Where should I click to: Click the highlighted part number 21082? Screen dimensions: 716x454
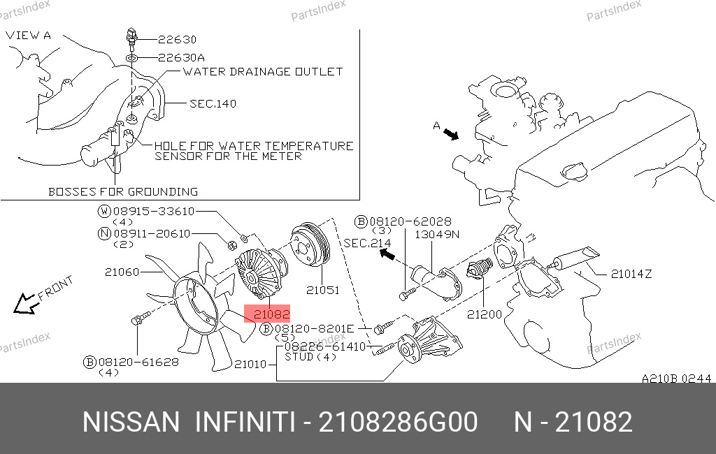tap(271, 314)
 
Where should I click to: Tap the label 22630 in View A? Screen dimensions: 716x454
tap(177, 40)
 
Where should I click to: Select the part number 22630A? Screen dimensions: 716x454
tap(181, 57)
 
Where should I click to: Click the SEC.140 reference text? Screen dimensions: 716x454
tap(213, 103)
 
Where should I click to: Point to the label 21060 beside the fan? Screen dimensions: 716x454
tap(122, 272)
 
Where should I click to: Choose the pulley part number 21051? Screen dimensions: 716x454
tap(323, 290)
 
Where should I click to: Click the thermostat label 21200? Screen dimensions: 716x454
tap(485, 314)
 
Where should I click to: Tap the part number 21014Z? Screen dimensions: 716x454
tap(631, 274)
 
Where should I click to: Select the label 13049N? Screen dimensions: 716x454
tap(437, 235)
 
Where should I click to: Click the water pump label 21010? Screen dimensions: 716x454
tap(250, 364)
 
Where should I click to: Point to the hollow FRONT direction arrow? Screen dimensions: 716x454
tap(24, 304)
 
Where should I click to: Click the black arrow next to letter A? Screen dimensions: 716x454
tap(451, 134)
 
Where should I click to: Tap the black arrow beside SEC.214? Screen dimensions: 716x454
tap(387, 254)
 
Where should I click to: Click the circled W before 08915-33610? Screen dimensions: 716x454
tap(105, 211)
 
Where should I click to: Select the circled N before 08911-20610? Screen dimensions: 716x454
tap(105, 233)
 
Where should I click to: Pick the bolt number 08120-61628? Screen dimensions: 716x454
tap(138, 363)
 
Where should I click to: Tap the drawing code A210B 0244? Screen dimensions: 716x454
tap(676, 379)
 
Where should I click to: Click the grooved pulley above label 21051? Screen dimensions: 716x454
tap(310, 244)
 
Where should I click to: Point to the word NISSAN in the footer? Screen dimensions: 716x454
tap(131, 422)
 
